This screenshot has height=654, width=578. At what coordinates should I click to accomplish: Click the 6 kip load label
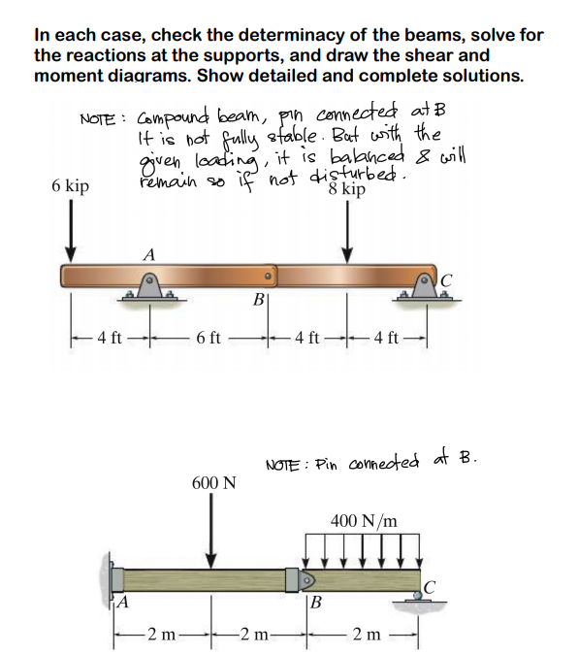coord(71,185)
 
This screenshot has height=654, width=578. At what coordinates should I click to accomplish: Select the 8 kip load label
coord(348,190)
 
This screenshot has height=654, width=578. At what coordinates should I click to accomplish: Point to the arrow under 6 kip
coord(70,234)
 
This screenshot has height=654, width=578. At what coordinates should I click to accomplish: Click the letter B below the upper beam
coord(256,300)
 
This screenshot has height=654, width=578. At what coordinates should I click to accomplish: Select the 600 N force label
coord(212,482)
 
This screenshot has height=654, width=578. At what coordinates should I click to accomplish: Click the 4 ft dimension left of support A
coord(109,338)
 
